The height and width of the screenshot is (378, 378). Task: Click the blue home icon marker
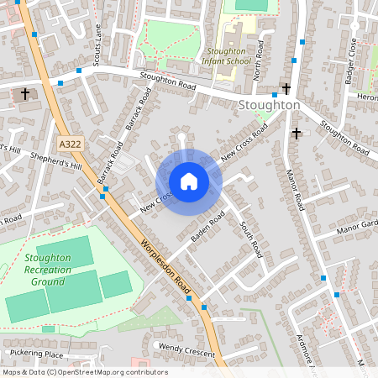189,181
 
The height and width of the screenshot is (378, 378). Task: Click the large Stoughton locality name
269,105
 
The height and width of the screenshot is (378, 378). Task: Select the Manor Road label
294,188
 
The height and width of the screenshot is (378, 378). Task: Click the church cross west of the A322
25,93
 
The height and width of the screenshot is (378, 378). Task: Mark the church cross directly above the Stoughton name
286,88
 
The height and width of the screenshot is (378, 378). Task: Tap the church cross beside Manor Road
296,133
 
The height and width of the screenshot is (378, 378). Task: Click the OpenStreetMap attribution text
84,372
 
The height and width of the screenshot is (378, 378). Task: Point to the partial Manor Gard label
358,225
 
